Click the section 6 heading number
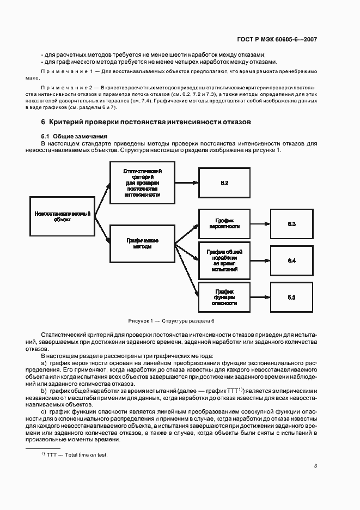click(43, 122)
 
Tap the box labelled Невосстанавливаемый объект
click(62, 216)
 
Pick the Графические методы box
click(142, 244)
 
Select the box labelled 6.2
click(224, 183)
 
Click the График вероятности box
click(224, 223)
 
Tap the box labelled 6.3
click(291, 224)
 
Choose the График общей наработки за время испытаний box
click(224, 260)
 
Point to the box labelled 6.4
click(291, 260)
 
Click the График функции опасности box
click(224, 296)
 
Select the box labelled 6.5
click(291, 297)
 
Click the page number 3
click(315, 465)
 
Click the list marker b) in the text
click(44, 391)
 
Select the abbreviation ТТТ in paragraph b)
click(232, 391)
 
